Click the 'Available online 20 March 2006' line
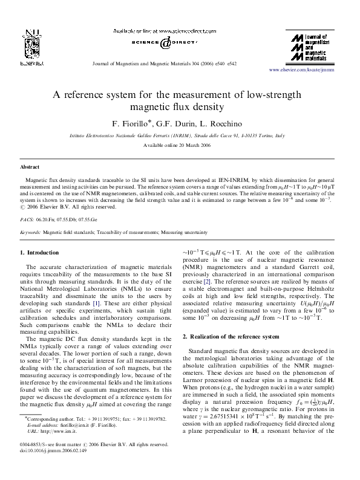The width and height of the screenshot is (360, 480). point(180,146)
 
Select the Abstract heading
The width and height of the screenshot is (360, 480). point(30,166)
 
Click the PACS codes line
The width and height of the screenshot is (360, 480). point(59,220)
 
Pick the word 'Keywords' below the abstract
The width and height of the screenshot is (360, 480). point(30,232)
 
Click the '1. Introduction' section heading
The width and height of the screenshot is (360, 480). point(40,251)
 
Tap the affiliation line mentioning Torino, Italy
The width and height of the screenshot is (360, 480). point(180,137)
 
